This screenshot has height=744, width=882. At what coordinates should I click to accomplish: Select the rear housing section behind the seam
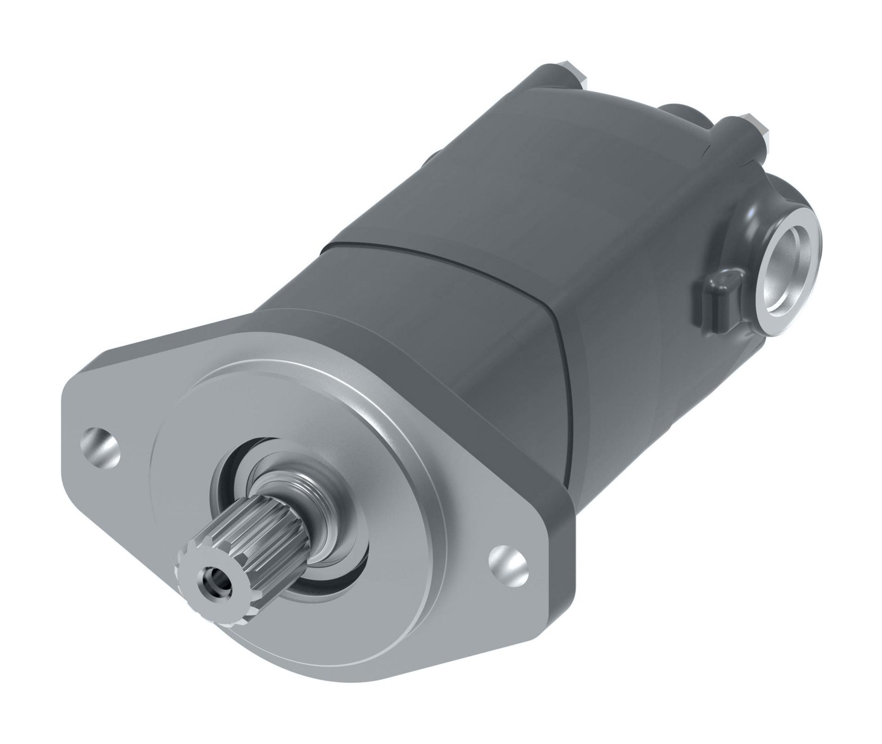574,184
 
